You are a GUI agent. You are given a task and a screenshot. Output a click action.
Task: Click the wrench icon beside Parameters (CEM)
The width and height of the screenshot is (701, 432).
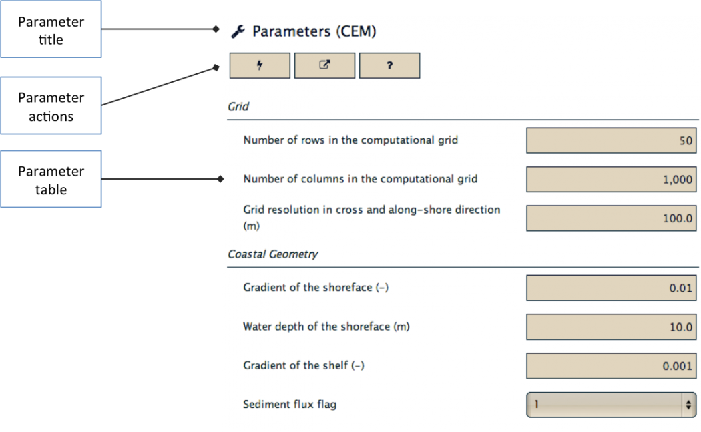(x=238, y=32)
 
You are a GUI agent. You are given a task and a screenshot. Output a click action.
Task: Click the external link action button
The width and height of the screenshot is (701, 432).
(x=324, y=65)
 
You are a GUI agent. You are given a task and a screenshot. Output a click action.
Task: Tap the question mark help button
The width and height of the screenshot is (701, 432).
(x=389, y=65)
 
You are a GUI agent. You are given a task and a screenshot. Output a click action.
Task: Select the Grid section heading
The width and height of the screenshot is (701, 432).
(x=238, y=106)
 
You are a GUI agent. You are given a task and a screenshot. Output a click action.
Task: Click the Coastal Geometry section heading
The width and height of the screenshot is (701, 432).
(x=272, y=254)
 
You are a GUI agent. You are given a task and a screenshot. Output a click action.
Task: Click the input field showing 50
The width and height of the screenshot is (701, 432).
(x=611, y=140)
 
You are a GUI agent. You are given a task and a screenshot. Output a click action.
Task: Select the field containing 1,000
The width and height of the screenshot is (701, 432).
(x=611, y=180)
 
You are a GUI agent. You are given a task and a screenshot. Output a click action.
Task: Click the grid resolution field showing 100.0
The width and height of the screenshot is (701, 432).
(x=611, y=218)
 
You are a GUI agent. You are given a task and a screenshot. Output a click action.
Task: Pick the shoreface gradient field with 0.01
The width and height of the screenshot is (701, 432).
(x=611, y=288)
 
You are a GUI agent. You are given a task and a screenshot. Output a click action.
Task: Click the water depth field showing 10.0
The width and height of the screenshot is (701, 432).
(x=611, y=327)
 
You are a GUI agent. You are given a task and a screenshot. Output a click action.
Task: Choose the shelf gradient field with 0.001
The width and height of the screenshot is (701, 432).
(x=611, y=366)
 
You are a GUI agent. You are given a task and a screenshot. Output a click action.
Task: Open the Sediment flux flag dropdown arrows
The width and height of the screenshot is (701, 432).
(x=688, y=405)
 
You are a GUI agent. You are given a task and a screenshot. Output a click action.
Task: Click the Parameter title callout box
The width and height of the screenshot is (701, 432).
(x=51, y=29)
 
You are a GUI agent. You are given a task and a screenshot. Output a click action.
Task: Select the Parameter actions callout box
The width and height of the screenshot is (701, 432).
(x=51, y=105)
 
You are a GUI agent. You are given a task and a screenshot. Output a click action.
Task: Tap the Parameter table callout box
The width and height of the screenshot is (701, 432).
(x=51, y=179)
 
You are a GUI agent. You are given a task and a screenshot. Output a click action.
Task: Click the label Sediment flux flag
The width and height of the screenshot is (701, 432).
(x=290, y=404)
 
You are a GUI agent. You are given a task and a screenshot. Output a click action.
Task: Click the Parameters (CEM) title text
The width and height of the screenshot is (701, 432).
(x=314, y=31)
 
